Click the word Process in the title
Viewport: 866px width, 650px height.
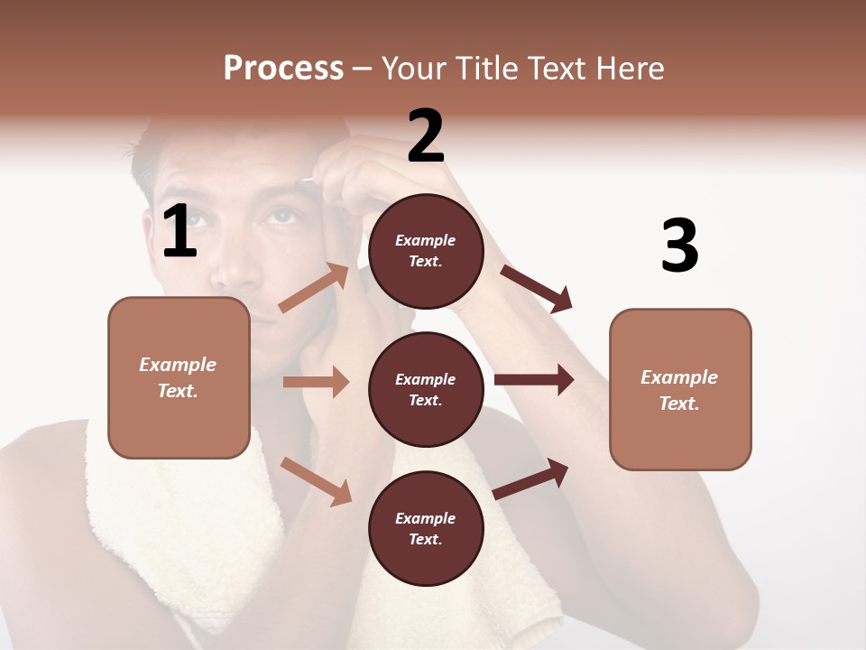pyautogui.click(x=283, y=68)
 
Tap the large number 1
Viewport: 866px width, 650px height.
pyautogui.click(x=180, y=232)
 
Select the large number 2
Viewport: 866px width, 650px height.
pyautogui.click(x=426, y=137)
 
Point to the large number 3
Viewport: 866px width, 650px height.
pyautogui.click(x=679, y=246)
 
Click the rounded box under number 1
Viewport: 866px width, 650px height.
pyautogui.click(x=179, y=377)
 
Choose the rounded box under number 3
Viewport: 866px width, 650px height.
pyautogui.click(x=680, y=390)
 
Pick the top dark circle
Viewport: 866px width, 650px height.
pyautogui.click(x=426, y=251)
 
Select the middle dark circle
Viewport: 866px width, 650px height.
pyautogui.click(x=426, y=390)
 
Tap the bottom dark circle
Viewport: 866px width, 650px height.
pyautogui.click(x=426, y=529)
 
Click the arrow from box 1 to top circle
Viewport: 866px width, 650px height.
pyautogui.click(x=314, y=287)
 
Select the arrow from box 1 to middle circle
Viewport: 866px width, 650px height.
pyautogui.click(x=316, y=382)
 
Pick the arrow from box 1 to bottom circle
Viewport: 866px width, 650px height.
pyautogui.click(x=316, y=480)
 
